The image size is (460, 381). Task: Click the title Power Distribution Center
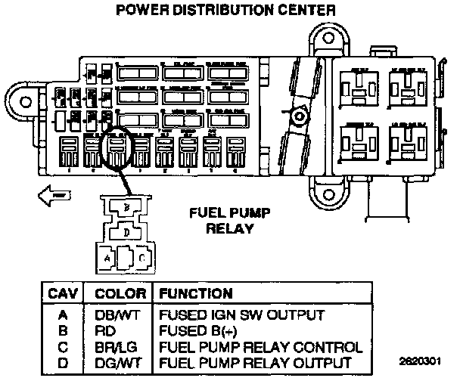click(223, 11)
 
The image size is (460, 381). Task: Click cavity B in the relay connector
click(127, 206)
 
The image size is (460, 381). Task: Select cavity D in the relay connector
click(126, 233)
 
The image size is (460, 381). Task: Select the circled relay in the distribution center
click(117, 150)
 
